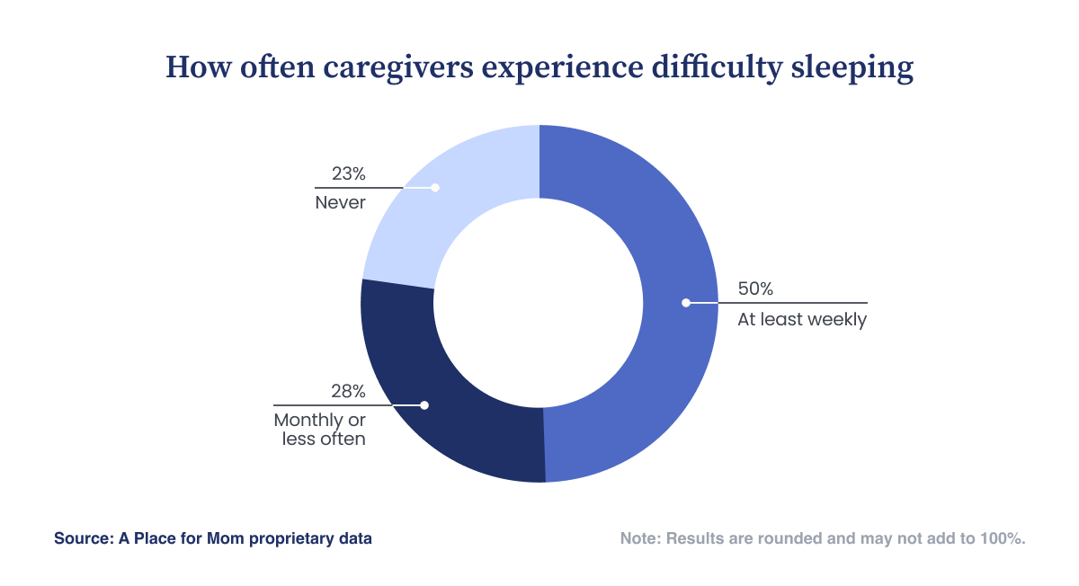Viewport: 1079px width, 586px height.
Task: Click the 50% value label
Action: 755,289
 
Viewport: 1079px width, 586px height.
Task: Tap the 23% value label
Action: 348,173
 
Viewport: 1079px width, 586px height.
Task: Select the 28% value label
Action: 348,392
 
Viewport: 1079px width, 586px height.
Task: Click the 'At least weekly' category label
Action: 802,319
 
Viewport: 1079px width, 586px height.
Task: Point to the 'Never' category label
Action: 340,203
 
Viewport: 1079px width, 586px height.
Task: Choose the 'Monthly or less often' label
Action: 320,430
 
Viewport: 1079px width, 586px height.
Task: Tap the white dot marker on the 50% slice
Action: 686,303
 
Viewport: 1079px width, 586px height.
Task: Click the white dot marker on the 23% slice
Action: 435,188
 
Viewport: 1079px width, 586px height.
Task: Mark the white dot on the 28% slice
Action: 424,405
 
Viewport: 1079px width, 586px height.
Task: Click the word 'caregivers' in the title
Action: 397,68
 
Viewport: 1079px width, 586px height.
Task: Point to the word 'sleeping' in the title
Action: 852,68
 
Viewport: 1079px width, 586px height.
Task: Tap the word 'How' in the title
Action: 199,67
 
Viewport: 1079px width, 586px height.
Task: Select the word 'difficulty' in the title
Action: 717,68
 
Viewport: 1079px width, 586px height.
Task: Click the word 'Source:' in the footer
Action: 84,538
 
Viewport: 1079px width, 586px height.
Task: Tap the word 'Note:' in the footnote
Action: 640,538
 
